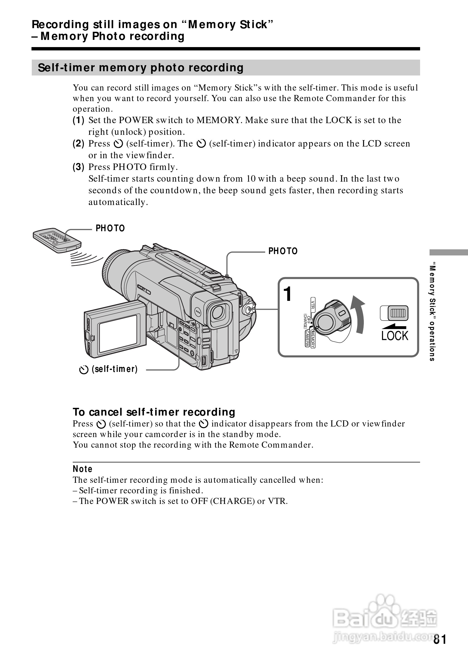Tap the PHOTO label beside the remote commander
click(110, 228)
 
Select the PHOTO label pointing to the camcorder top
click(283, 251)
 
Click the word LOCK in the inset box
click(395, 336)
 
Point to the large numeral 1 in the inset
click(287, 294)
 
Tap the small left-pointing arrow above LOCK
click(394, 326)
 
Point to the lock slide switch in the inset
click(394, 313)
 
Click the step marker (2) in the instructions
click(79, 143)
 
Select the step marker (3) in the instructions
click(79, 167)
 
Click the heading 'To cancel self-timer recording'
click(154, 412)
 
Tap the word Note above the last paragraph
click(82, 469)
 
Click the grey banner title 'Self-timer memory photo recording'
click(141, 68)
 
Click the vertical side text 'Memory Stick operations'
click(432, 312)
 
